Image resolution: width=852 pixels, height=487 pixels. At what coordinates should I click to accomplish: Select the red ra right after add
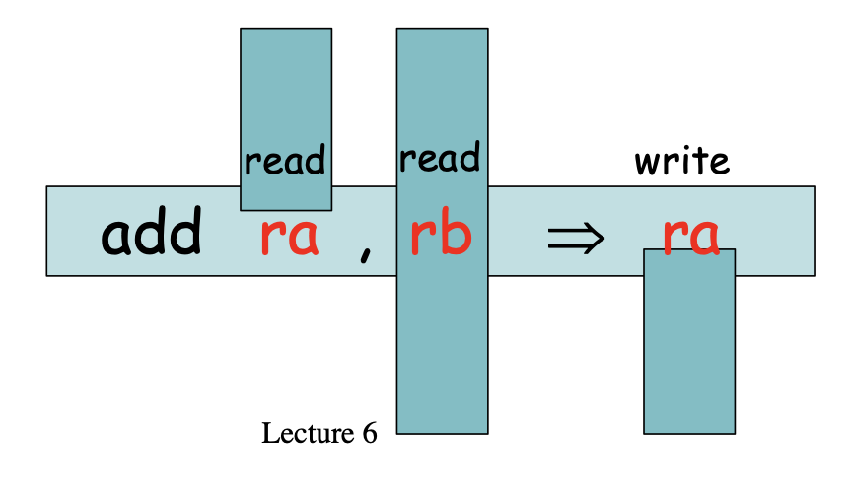[x=289, y=238]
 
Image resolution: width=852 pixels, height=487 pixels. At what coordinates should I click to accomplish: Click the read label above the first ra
[x=285, y=160]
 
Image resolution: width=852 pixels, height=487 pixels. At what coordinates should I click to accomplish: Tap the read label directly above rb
[x=440, y=157]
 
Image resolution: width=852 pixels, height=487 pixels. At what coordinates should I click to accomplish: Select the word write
[x=681, y=160]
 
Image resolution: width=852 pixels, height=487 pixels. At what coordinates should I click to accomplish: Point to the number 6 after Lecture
[x=368, y=433]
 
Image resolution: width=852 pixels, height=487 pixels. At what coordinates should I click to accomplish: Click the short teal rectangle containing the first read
[x=286, y=89]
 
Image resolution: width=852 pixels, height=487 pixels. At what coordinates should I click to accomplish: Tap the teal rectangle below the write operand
[x=689, y=355]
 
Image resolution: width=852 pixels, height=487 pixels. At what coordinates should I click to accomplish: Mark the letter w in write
[x=647, y=162]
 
